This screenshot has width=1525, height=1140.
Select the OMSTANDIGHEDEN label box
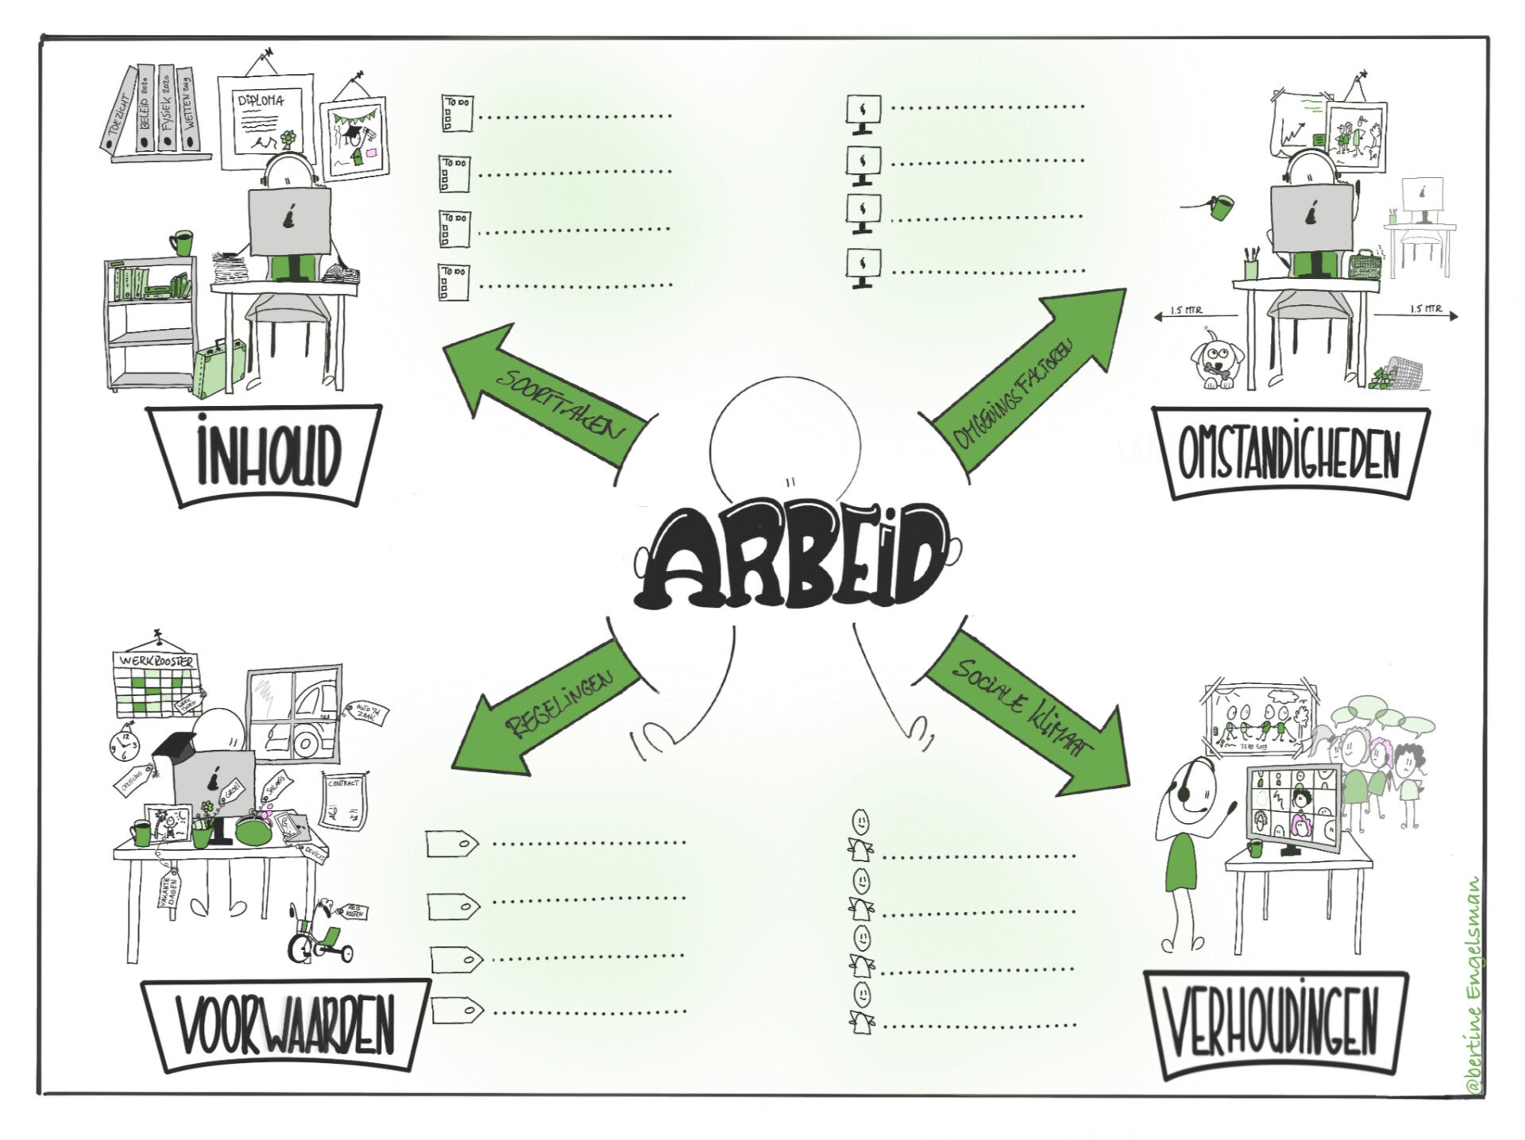click(1288, 455)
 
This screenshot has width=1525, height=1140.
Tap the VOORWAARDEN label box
click(286, 1026)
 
